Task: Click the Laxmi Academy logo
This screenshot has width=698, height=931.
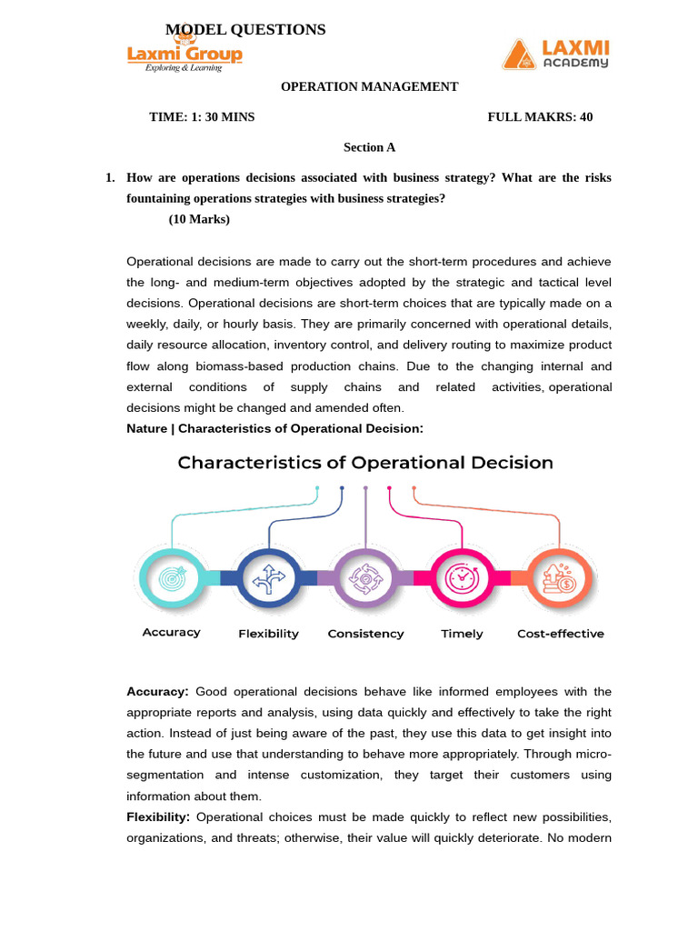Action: [555, 55]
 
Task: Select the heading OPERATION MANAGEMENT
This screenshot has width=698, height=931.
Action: [369, 87]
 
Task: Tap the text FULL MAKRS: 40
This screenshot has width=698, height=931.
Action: [540, 117]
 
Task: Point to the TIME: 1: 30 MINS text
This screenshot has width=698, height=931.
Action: [202, 117]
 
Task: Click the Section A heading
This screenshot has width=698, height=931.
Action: [369, 147]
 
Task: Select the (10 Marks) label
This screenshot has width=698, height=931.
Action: [199, 219]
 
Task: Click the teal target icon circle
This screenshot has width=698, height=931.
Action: [170, 577]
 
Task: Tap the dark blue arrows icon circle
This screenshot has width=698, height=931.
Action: [268, 577]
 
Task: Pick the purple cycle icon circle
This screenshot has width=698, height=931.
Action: [365, 577]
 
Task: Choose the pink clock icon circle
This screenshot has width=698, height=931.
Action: [462, 577]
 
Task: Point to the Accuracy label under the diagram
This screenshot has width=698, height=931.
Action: [171, 633]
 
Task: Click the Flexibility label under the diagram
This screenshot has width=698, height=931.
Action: [268, 634]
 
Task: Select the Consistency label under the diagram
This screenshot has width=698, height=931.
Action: [365, 634]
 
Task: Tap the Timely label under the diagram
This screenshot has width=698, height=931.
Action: [462, 634]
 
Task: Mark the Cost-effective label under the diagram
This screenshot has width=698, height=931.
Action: [560, 634]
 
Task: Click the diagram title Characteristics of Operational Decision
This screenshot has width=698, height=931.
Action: [365, 463]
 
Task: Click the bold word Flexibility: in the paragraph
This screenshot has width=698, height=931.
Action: [158, 816]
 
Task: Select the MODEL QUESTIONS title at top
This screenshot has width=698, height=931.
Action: [245, 30]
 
